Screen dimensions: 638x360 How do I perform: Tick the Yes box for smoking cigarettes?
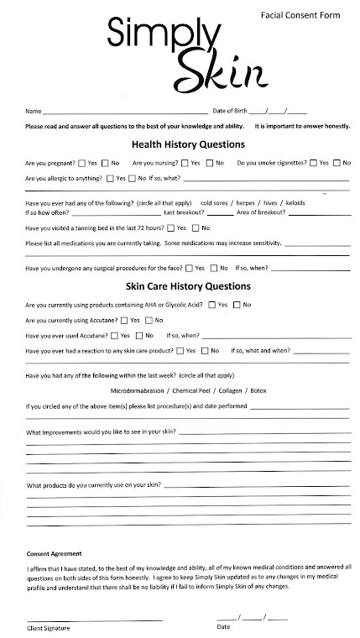tap(313, 162)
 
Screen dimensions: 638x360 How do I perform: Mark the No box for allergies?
tap(133, 179)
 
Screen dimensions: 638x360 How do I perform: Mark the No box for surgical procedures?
tap(213, 268)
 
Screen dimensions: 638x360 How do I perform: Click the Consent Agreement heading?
tap(55, 554)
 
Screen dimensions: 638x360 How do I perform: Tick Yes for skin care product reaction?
tap(180, 350)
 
